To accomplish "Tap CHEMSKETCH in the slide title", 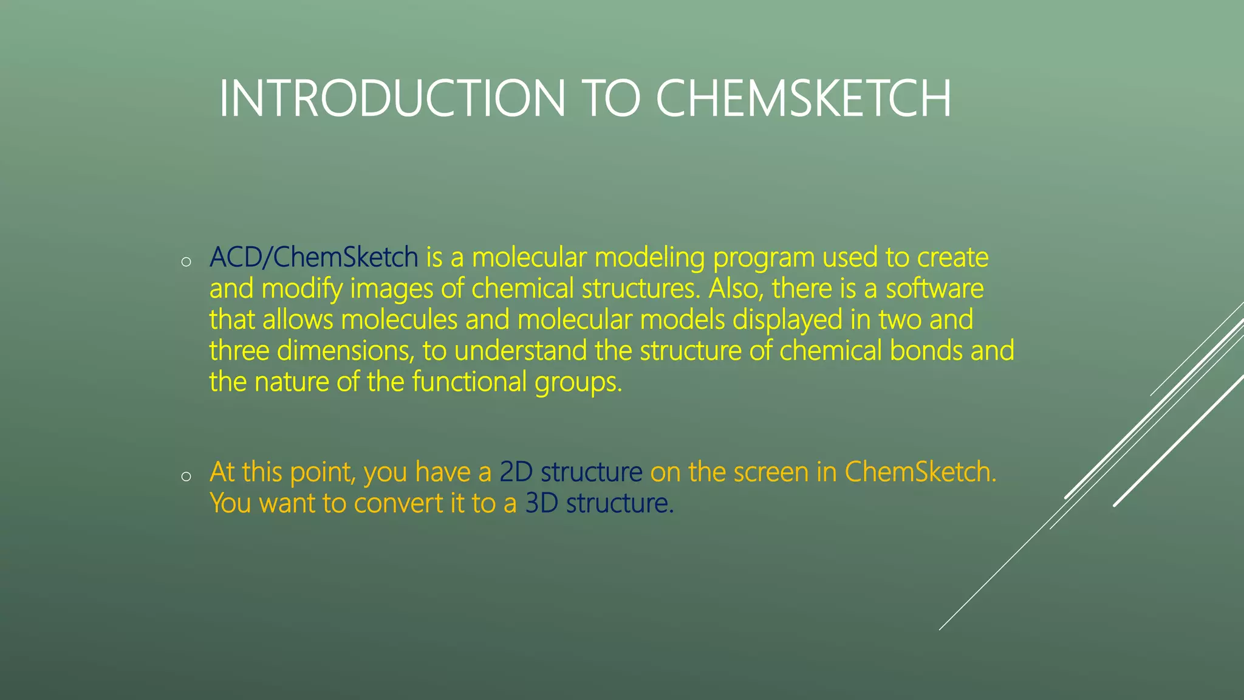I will pyautogui.click(x=803, y=98).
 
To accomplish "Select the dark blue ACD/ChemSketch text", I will pyautogui.click(x=313, y=258).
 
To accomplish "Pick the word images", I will pyautogui.click(x=392, y=289).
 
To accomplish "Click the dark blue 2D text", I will pyautogui.click(x=516, y=472).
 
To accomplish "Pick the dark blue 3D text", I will pyautogui.click(x=541, y=503).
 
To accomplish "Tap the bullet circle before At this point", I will pyautogui.click(x=186, y=476).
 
